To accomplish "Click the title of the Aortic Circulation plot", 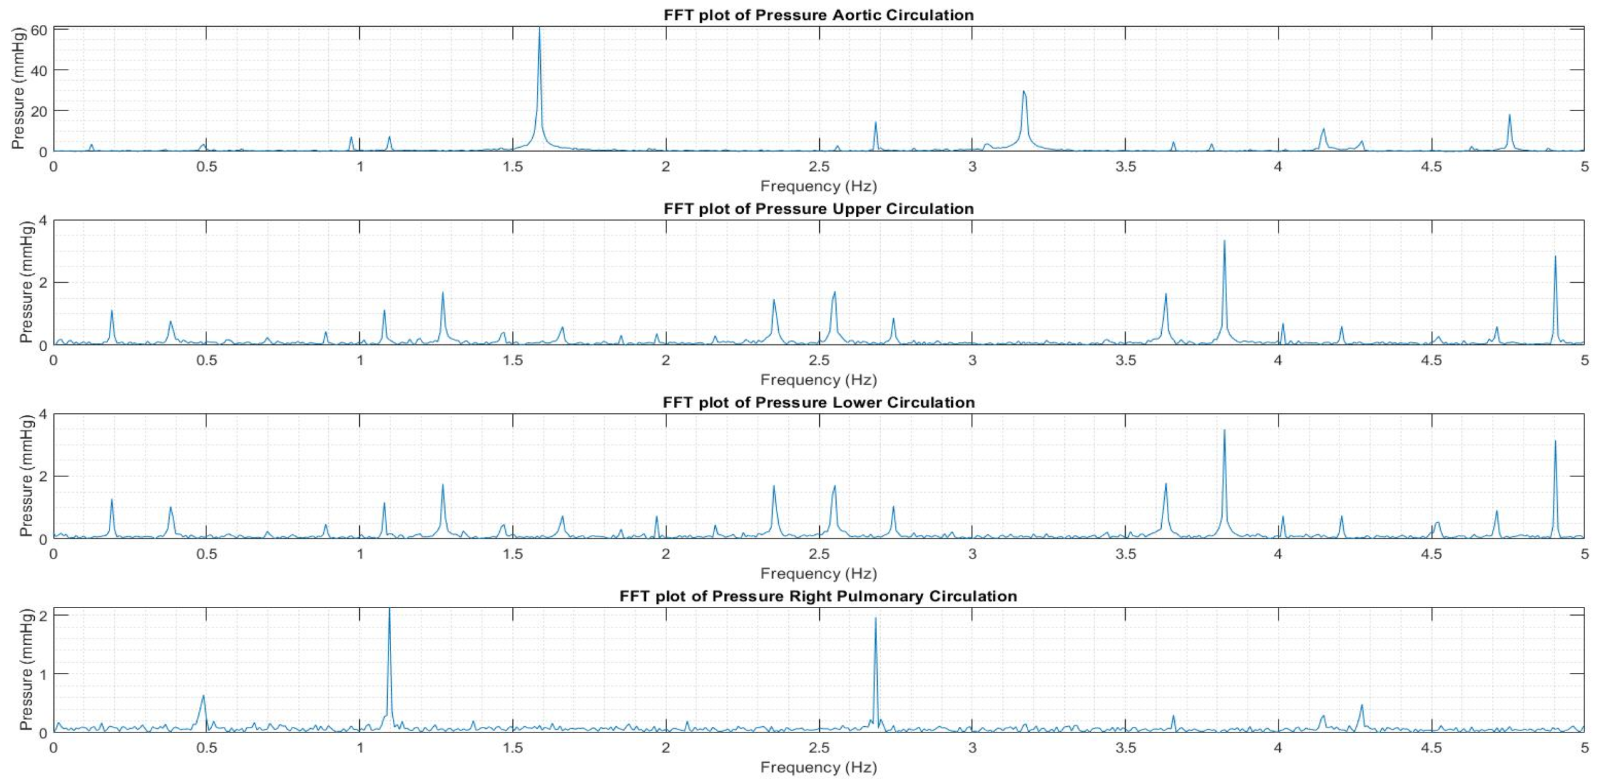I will coord(818,15).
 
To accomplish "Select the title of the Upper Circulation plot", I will coord(818,209).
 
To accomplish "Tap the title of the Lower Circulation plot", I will coord(818,403).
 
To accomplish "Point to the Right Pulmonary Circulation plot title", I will coord(818,596).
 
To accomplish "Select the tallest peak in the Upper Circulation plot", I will coord(1224,242).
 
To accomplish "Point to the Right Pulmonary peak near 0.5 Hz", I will coord(203,697).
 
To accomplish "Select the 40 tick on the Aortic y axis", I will coord(39,70).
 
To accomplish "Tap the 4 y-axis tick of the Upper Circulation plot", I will coord(42,221).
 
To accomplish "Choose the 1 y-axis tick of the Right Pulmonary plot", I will coord(42,674).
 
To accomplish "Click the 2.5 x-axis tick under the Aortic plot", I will coord(819,166).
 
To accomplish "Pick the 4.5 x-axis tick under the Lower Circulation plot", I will coord(1432,554).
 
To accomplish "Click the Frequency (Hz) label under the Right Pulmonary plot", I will coord(818,767).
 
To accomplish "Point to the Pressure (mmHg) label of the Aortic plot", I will coord(19,88).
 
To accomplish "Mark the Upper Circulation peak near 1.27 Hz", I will coord(443,293).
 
